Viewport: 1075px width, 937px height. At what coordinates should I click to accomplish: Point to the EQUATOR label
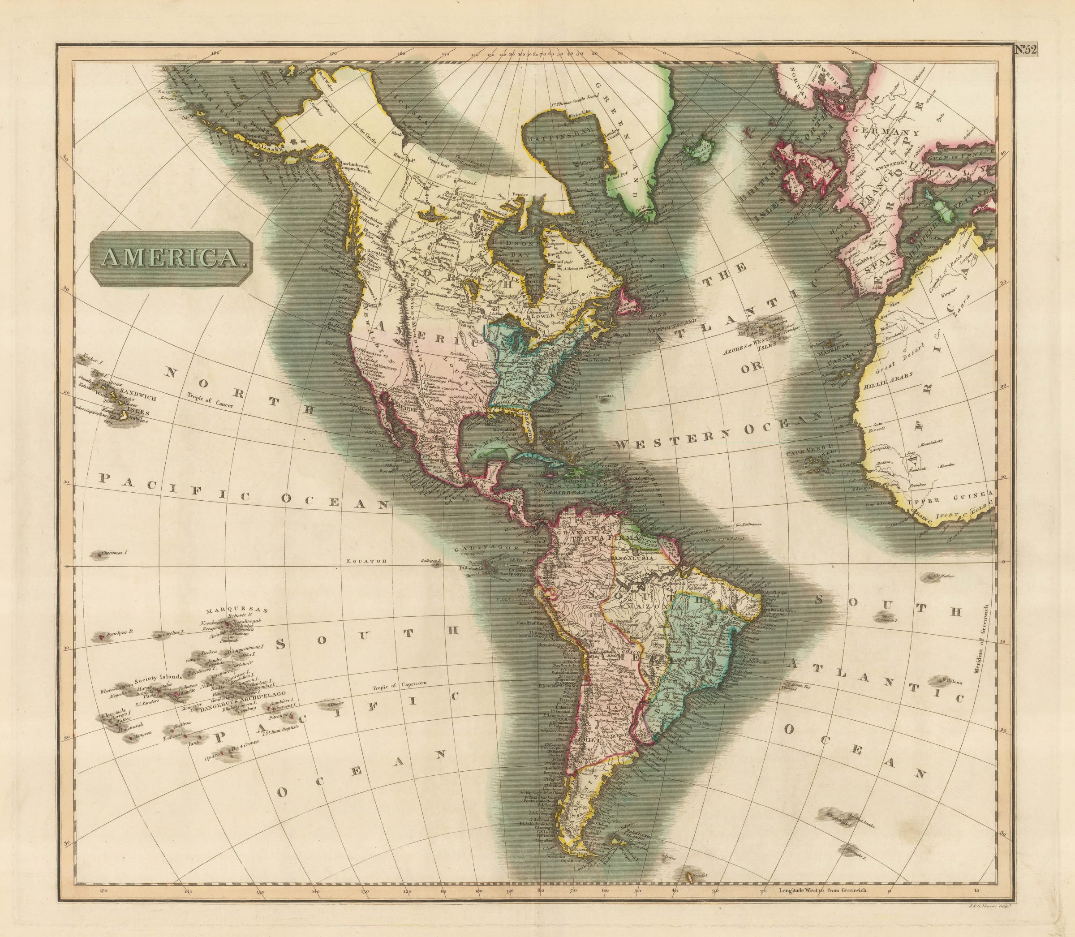[x=366, y=561]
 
